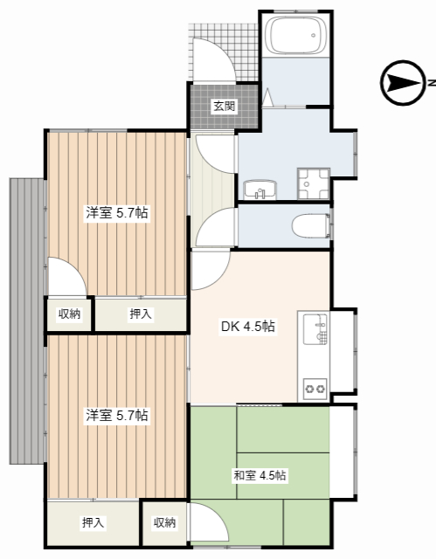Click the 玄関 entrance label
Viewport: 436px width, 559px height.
click(224, 107)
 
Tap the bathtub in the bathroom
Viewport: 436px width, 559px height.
click(297, 36)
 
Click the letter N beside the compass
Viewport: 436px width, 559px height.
click(431, 83)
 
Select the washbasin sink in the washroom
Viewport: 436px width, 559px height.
click(259, 189)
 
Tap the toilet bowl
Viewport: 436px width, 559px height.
click(310, 226)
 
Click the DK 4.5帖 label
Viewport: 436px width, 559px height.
click(247, 327)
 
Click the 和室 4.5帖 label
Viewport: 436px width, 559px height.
click(260, 475)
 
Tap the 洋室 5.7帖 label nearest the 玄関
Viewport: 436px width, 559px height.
click(115, 212)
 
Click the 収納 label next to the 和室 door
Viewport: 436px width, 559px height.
click(164, 522)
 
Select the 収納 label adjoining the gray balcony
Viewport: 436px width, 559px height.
click(70, 314)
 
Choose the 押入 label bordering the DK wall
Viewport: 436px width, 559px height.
click(140, 314)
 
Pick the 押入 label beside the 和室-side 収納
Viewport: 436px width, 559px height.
click(93, 522)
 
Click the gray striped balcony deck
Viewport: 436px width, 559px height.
click(27, 321)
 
